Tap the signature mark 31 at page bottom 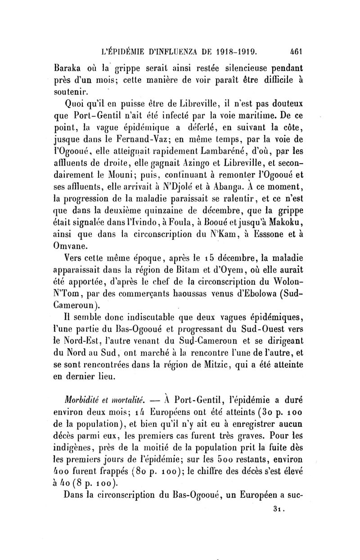pos(280,510)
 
